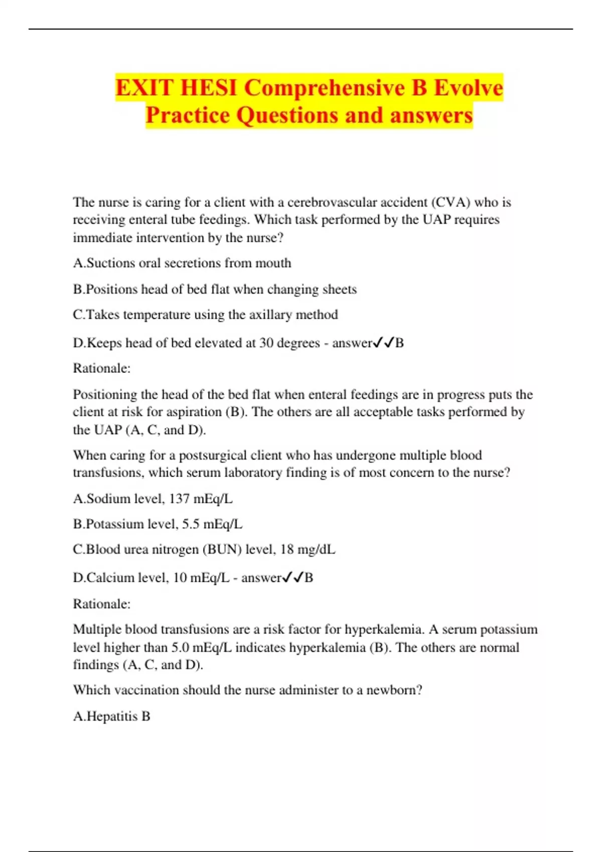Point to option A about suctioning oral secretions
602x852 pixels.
(x=182, y=263)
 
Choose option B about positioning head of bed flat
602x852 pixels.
(x=215, y=289)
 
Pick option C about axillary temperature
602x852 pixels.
(x=205, y=315)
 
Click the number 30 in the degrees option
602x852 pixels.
(x=266, y=343)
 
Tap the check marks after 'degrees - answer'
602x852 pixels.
(x=383, y=343)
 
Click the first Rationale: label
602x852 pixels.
(x=102, y=368)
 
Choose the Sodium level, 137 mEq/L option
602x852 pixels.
(x=153, y=499)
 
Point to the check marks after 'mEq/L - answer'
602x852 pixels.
(x=292, y=578)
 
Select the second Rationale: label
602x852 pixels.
(x=102, y=604)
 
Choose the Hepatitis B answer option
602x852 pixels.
(x=112, y=716)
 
